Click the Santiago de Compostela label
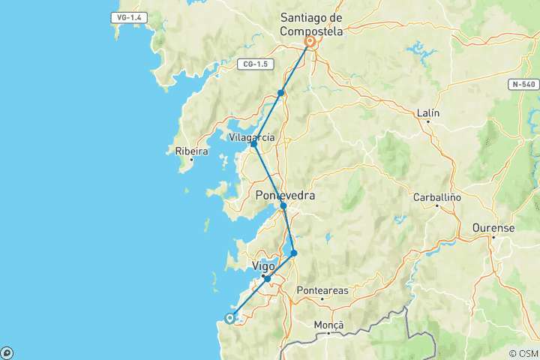pos(310,25)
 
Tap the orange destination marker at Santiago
pos(309,43)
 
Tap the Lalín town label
pos(428,113)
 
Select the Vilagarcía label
pos(252,137)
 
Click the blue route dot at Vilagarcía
pos(254,144)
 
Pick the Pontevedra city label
pos(286,196)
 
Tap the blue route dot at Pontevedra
pos(283,205)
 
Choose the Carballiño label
pos(436,199)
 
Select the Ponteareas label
pos(322,289)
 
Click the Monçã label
pos(328,325)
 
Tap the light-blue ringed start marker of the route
pos(230,318)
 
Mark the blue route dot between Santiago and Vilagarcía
pos(281,93)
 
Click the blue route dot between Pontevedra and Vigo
pos(294,253)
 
